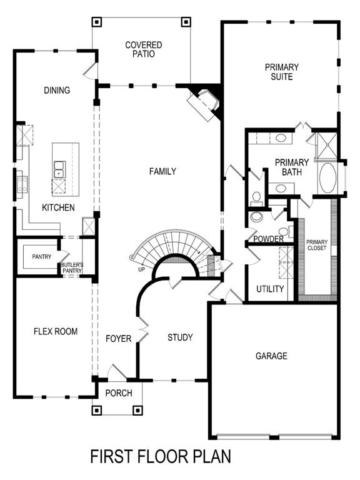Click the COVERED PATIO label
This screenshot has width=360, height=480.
143,49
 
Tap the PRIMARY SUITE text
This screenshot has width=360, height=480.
282,72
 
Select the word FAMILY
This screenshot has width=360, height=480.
162,171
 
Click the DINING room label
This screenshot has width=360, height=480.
57,91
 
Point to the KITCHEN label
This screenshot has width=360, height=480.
58,207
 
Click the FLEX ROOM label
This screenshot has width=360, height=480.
56,331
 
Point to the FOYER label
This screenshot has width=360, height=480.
119,339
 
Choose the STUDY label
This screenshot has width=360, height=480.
180,337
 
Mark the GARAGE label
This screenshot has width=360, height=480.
271,356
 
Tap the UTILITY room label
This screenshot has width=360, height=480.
270,289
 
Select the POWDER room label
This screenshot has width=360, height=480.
269,239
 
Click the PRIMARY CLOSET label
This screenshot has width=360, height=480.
317,244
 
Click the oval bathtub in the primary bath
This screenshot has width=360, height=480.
327,179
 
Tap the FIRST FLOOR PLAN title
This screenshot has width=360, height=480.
161,456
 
